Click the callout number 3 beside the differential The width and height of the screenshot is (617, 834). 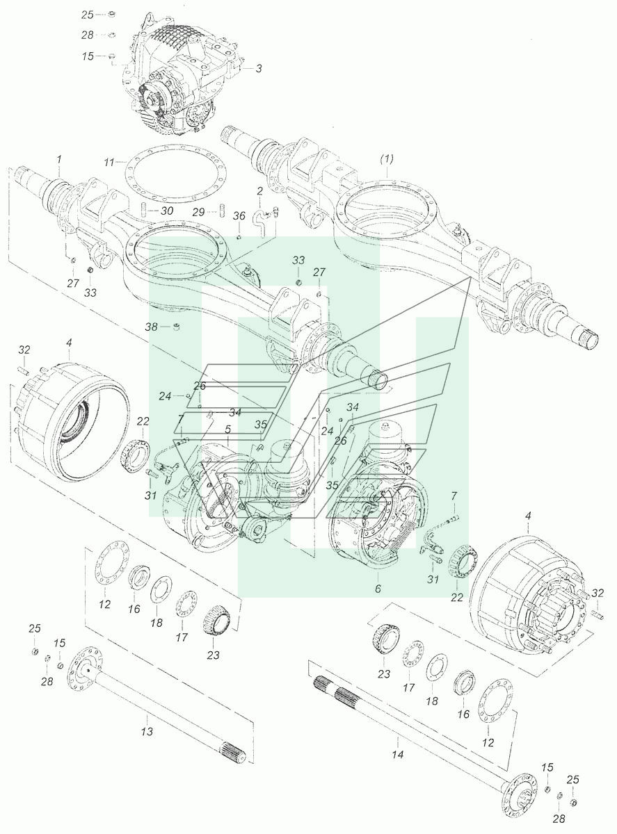258,69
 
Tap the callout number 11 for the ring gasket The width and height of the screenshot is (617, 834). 109,163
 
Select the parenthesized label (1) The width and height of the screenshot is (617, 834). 387,159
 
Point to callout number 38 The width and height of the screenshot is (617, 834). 152,327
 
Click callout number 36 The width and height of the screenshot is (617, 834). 239,216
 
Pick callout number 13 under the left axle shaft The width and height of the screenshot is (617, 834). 147,731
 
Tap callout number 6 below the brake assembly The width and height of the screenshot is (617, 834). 378,589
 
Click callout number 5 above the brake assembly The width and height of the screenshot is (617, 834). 227,430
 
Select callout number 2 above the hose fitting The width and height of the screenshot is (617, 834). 259,191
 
